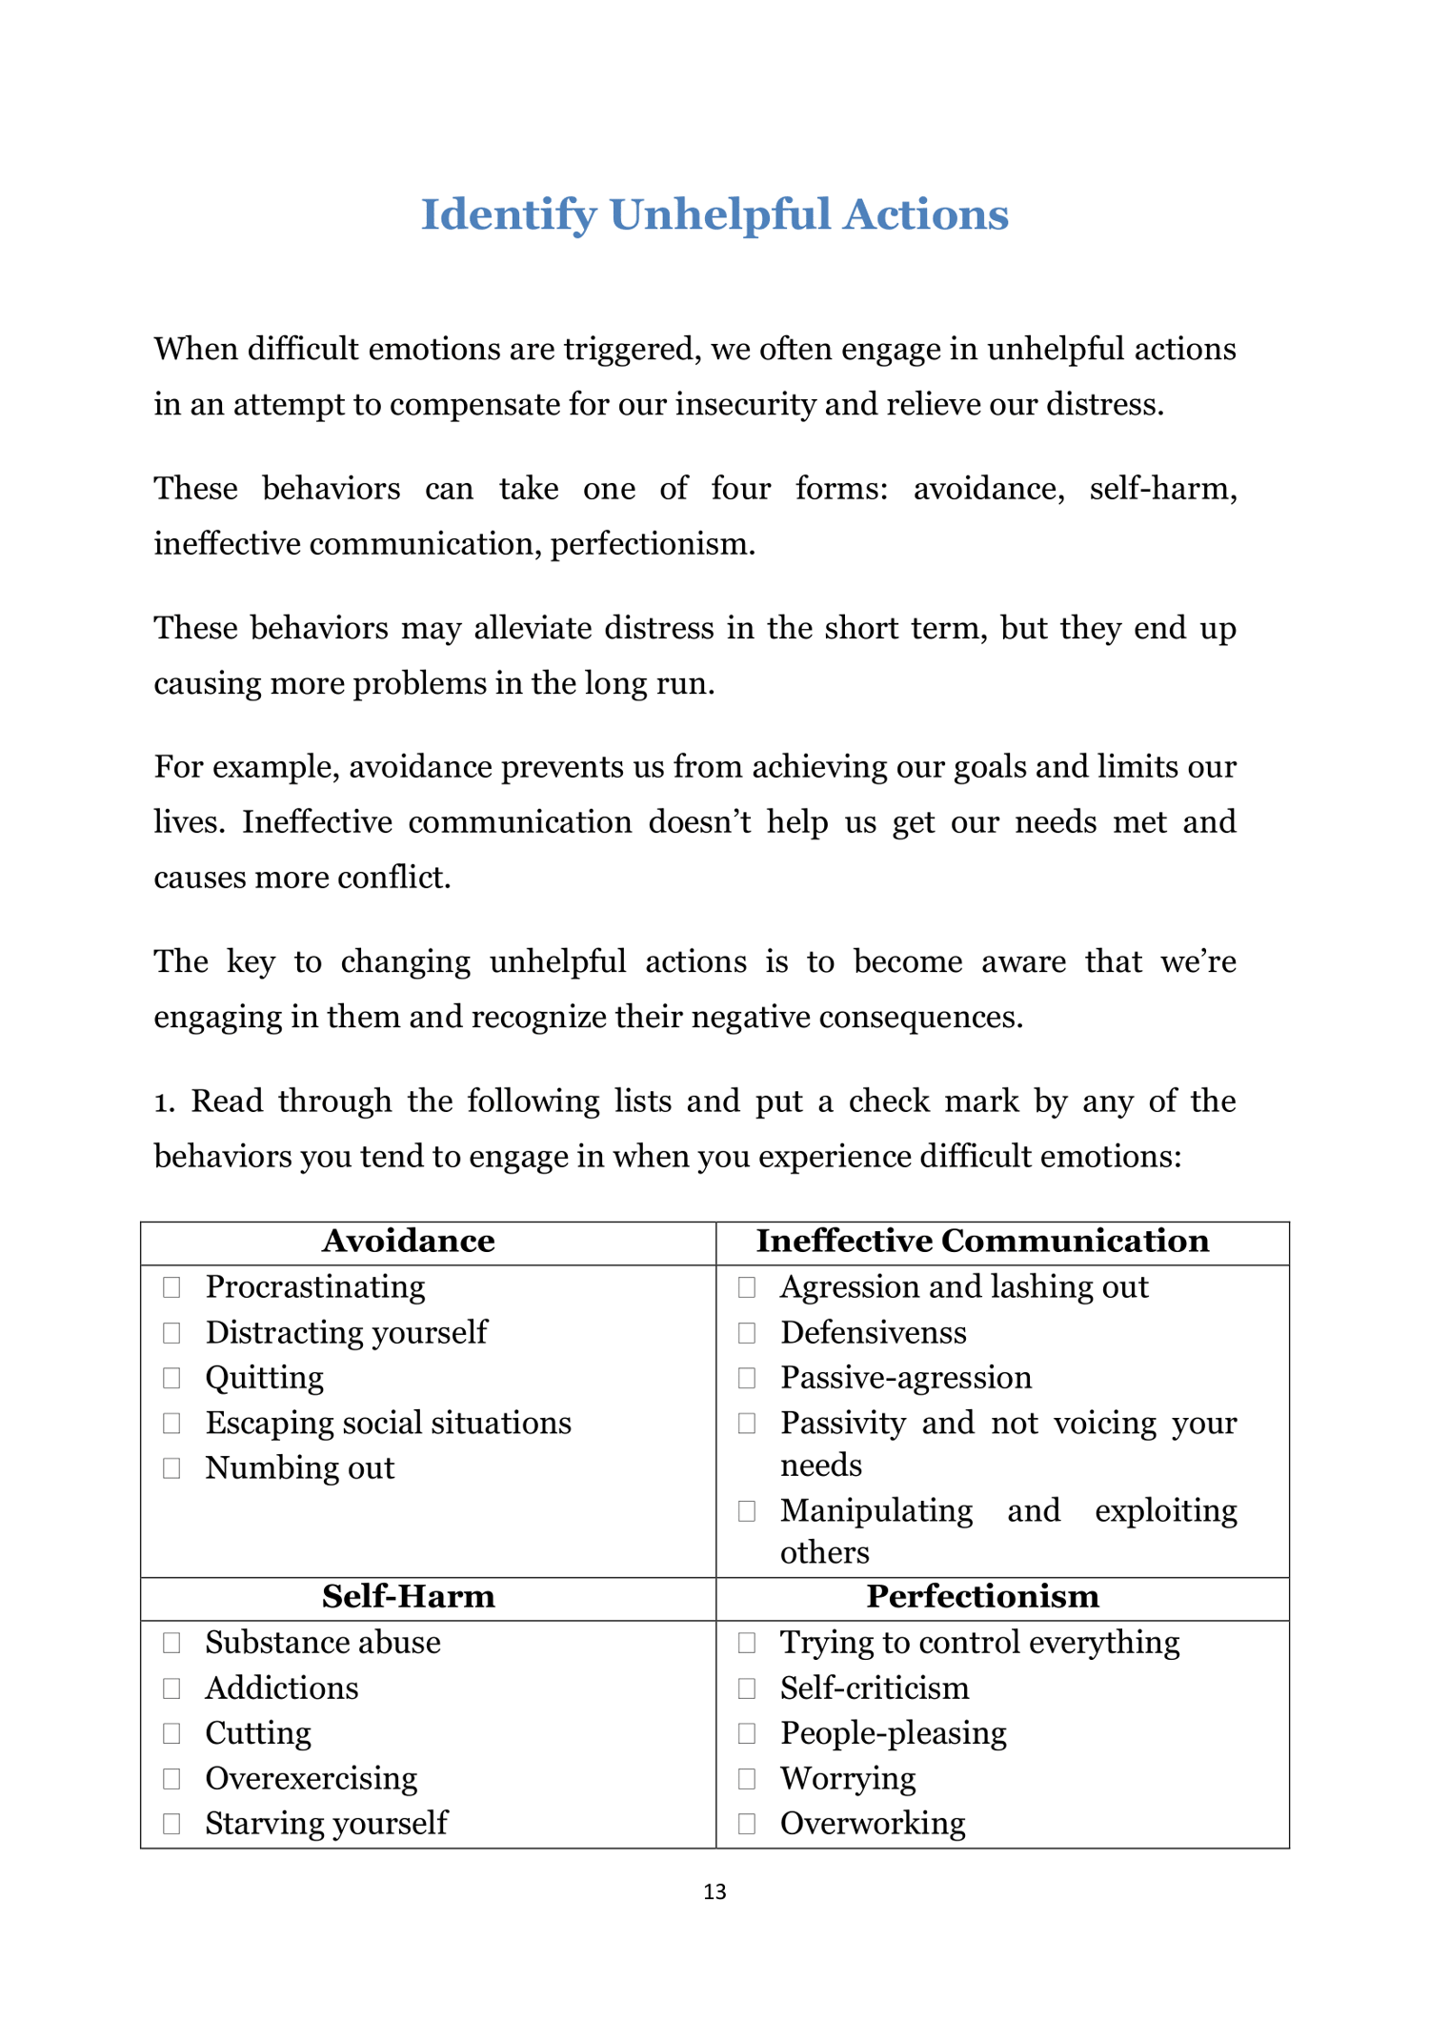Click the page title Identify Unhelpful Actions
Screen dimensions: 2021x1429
click(x=714, y=214)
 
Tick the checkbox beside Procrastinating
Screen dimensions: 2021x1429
click(x=171, y=1287)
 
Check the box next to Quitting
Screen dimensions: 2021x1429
click(x=171, y=1378)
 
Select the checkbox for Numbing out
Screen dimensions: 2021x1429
click(x=171, y=1468)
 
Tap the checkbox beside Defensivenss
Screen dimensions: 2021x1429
click(x=747, y=1333)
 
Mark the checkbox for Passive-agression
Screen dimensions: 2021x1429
click(x=747, y=1378)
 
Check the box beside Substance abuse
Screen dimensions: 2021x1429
click(x=171, y=1643)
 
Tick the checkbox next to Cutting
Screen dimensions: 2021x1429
click(x=171, y=1733)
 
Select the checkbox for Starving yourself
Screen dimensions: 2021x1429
click(x=171, y=1824)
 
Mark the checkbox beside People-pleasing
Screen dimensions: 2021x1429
click(x=747, y=1733)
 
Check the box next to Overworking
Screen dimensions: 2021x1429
click(x=747, y=1824)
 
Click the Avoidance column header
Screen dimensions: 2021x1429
click(x=409, y=1241)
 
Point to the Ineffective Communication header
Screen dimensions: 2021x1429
click(x=982, y=1241)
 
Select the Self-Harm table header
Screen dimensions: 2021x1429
click(x=409, y=1596)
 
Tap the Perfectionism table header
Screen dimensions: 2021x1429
click(x=982, y=1596)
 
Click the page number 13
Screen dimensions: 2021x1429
click(x=714, y=1892)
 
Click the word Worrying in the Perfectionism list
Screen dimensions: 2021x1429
click(x=848, y=1778)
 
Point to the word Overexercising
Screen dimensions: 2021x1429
click(x=312, y=1778)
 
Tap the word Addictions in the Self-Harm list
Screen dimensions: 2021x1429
click(x=282, y=1688)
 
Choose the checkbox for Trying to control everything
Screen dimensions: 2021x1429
click(x=747, y=1643)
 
